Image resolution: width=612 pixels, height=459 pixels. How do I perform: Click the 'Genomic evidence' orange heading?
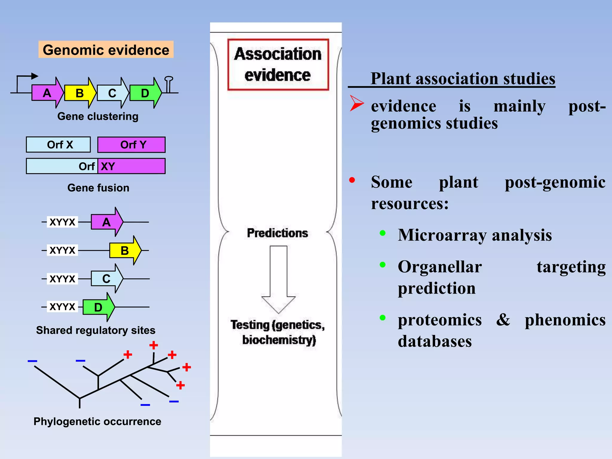(106, 50)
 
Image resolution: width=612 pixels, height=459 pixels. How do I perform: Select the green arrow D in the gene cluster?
(145, 93)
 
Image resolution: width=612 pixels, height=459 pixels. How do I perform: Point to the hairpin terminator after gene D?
(169, 84)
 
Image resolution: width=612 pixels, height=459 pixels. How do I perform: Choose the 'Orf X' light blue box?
(58, 145)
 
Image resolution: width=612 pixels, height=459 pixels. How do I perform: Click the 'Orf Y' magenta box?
(131, 145)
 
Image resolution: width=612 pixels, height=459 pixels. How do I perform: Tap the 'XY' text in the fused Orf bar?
(108, 166)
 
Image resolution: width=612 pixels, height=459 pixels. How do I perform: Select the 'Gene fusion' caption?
(98, 188)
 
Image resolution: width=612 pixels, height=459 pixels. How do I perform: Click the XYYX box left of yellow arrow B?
(62, 250)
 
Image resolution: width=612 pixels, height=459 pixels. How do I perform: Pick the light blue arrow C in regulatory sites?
(106, 279)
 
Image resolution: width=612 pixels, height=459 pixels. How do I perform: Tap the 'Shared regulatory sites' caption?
(96, 330)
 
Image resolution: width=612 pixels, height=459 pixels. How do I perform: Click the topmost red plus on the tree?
(154, 345)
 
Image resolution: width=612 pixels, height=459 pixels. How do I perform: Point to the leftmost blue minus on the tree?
(32, 361)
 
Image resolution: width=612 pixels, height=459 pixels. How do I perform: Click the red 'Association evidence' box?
(278, 65)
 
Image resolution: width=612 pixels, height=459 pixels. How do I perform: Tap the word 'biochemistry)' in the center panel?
(279, 340)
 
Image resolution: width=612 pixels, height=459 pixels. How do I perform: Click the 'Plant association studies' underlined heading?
(463, 79)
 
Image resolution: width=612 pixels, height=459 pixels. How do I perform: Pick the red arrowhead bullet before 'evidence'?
(356, 103)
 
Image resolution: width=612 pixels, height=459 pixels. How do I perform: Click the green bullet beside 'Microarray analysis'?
(382, 233)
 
